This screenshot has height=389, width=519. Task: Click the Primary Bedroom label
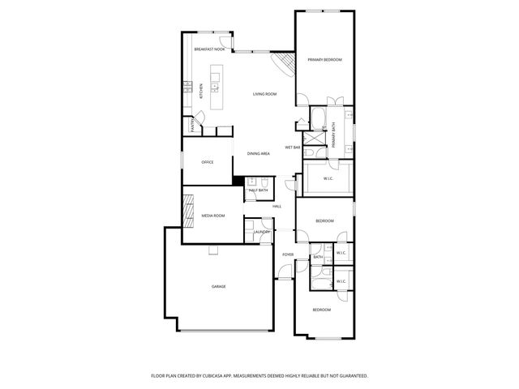[x=324, y=60]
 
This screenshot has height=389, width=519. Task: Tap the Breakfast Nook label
[x=209, y=49]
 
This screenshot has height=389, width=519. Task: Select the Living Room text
[x=264, y=94]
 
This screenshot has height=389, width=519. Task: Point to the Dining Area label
[x=259, y=153]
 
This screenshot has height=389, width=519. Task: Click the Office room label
[x=207, y=162]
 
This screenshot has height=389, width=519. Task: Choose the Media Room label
[x=212, y=216]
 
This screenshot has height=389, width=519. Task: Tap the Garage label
[x=219, y=287]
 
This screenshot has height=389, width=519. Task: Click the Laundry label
[x=261, y=232]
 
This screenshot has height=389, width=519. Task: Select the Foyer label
[x=288, y=254]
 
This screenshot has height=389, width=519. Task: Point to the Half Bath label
[x=258, y=190]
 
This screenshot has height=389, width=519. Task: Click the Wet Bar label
[x=293, y=147]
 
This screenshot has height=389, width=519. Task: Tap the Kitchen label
[x=200, y=92]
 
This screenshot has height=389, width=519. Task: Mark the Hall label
[x=277, y=207]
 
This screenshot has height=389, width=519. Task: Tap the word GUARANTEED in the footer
[x=351, y=376]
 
